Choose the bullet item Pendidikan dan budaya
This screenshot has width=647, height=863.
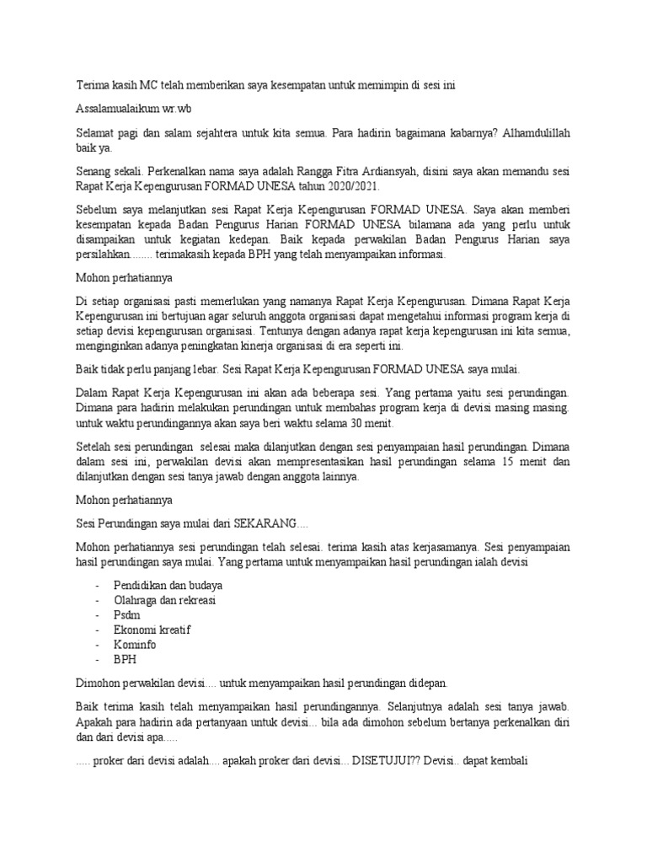[168, 585]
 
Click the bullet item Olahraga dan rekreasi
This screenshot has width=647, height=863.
[165, 599]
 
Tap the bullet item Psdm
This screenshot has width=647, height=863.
[127, 614]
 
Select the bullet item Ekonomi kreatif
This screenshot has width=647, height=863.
[152, 630]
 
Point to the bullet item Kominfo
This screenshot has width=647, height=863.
[135, 644]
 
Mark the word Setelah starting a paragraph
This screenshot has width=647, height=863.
[97, 447]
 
